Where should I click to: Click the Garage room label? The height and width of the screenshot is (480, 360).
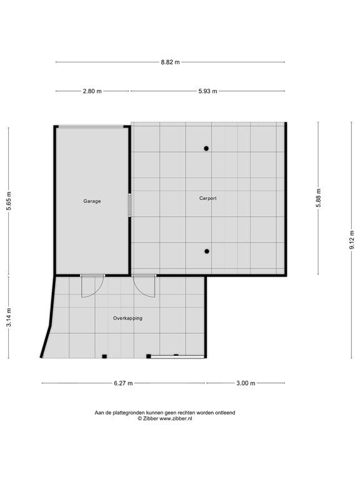(x=92, y=201)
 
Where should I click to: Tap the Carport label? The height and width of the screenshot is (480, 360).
(x=208, y=198)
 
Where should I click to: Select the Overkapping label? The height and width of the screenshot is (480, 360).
(x=127, y=318)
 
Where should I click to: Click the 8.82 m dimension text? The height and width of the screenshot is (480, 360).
(x=170, y=62)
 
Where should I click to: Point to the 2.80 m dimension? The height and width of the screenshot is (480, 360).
(x=92, y=91)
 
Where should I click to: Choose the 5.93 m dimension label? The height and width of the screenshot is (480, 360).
(x=208, y=91)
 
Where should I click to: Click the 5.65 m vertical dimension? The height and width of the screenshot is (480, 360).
(x=9, y=201)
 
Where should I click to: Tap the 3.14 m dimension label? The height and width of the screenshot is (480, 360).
(x=9, y=317)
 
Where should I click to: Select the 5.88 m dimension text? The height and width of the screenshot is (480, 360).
(x=319, y=197)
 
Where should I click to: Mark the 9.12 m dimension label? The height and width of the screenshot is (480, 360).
(x=352, y=240)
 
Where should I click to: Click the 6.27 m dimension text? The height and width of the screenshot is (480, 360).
(x=123, y=383)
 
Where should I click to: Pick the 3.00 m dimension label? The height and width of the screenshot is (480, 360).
(x=246, y=383)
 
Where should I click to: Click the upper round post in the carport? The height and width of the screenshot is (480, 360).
(x=206, y=149)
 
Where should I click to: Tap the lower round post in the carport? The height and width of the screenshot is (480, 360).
(x=207, y=251)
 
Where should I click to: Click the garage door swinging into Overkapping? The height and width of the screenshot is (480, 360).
(x=92, y=286)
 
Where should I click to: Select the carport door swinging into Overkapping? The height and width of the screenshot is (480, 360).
(x=144, y=286)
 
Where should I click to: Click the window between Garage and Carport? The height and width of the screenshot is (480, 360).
(x=129, y=205)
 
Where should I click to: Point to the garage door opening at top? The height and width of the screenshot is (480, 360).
(x=91, y=126)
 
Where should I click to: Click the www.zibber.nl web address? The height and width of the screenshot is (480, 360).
(x=176, y=419)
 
